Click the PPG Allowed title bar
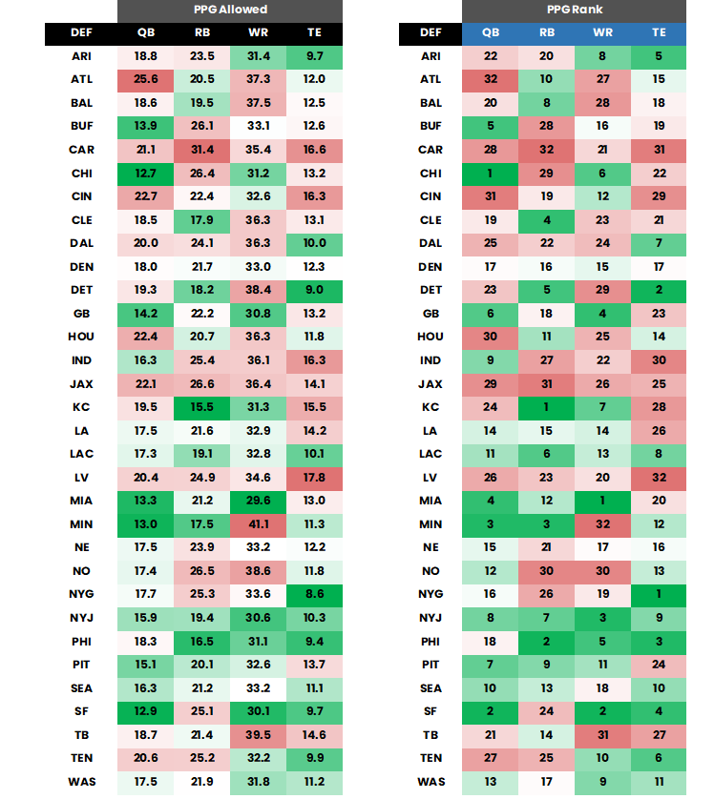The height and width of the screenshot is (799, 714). (230, 10)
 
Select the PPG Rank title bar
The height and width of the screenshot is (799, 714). (574, 10)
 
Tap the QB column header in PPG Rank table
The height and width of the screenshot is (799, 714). (490, 33)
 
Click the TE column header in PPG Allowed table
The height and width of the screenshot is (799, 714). (314, 33)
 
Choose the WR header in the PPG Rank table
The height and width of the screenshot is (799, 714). (602, 33)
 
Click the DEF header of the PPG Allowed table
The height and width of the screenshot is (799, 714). (81, 33)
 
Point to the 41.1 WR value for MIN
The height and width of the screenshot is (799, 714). (258, 524)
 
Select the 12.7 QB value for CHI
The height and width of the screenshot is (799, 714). (145, 174)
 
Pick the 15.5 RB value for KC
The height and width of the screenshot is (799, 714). (201, 407)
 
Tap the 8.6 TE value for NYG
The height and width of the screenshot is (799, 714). (314, 594)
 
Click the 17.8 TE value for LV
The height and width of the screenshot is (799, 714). (314, 478)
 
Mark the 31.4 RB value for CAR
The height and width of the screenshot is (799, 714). (201, 150)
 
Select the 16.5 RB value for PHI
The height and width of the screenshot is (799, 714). (201, 641)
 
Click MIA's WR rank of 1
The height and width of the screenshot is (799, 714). (602, 501)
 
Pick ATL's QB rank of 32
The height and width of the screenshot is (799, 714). (490, 80)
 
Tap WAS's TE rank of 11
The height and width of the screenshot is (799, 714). (659, 781)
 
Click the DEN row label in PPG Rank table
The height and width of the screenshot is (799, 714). (430, 267)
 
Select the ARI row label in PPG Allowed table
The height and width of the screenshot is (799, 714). (81, 56)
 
